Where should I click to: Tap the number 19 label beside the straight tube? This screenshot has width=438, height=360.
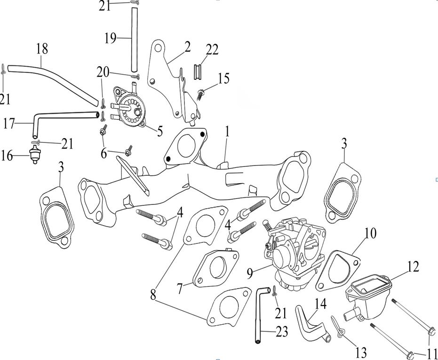(110, 38)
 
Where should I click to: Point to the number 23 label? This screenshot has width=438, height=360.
(281, 332)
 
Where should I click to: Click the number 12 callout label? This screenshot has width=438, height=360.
(413, 267)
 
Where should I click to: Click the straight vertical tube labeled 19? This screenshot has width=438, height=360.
(133, 40)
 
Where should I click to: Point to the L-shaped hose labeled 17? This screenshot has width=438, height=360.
(52, 116)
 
